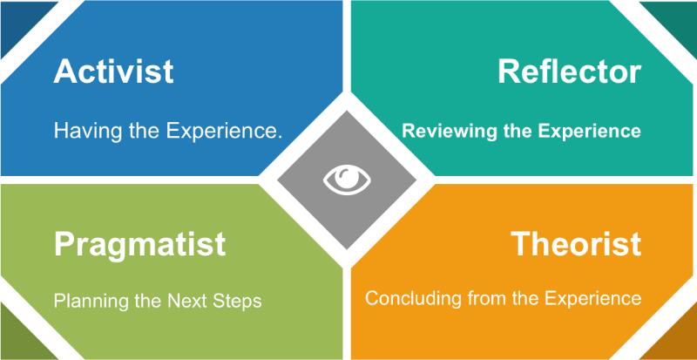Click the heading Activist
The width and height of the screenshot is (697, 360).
click(x=113, y=71)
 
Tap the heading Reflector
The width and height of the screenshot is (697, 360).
click(x=570, y=71)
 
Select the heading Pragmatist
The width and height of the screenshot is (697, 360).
click(x=139, y=245)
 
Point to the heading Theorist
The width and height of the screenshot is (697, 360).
click(x=576, y=243)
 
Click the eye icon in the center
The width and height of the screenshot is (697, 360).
click(x=347, y=180)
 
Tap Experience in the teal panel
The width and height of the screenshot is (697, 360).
click(x=589, y=132)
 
